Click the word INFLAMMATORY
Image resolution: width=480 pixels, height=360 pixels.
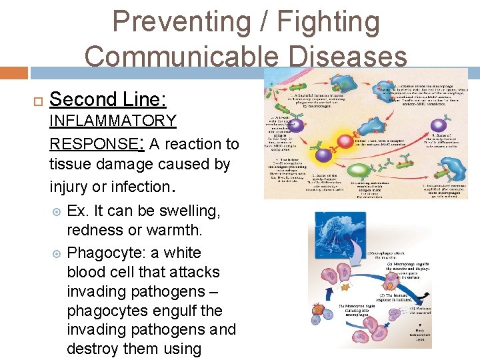click(113, 121)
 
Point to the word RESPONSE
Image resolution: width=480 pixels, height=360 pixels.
click(92, 143)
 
